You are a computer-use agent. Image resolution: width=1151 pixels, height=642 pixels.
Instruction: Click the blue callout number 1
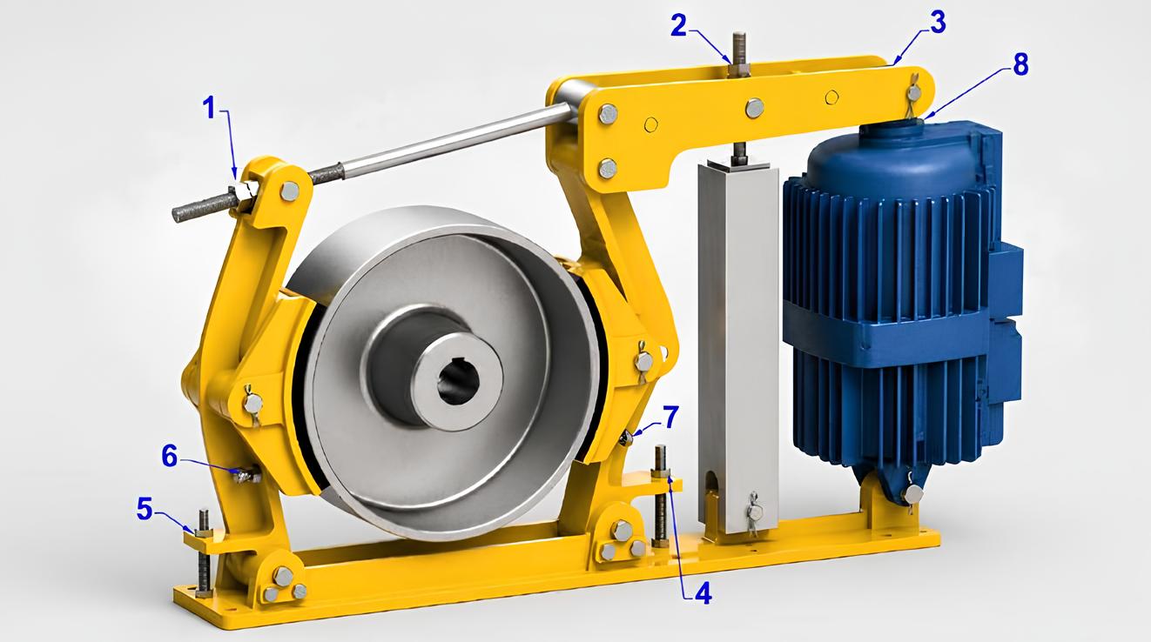(210, 109)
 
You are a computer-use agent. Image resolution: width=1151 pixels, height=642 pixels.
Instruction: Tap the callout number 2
(679, 27)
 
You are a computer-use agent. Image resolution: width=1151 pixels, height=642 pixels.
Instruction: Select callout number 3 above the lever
(937, 23)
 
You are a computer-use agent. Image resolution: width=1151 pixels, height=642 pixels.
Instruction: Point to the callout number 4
(703, 592)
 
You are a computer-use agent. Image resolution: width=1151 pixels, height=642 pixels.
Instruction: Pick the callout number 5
(145, 509)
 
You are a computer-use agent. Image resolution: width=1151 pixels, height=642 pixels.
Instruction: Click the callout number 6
(170, 456)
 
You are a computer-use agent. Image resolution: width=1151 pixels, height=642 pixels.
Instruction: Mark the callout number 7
(670, 417)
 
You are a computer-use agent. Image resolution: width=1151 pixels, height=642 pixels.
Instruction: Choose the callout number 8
(1020, 64)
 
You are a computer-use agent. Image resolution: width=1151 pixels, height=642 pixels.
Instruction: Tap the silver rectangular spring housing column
(737, 344)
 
